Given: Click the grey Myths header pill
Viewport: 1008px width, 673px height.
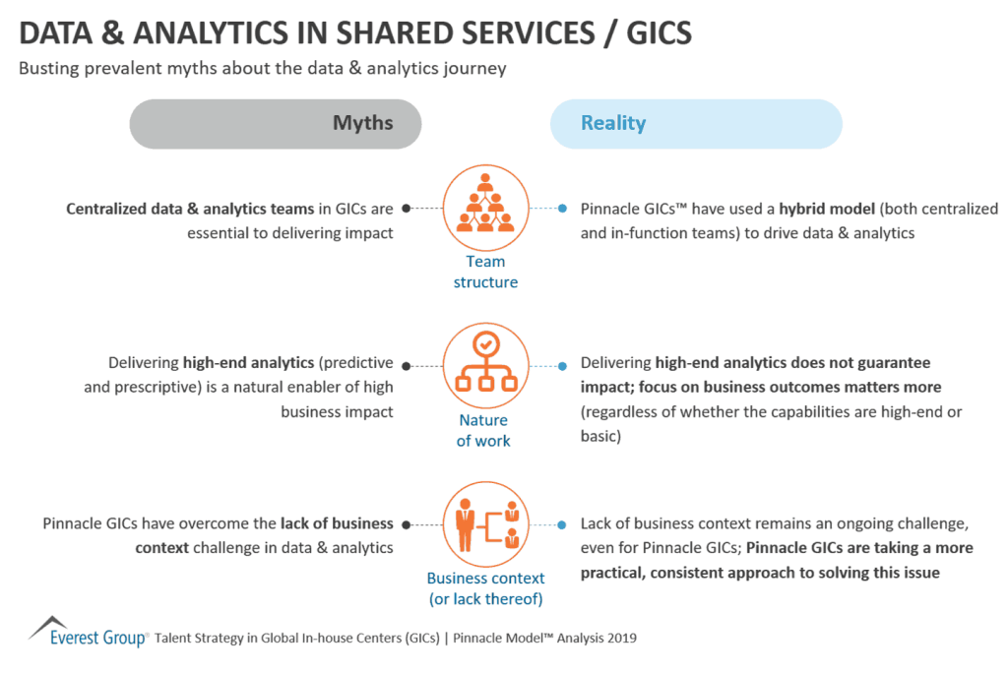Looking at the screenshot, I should click(276, 124).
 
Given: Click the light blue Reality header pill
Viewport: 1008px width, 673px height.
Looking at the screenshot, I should click(695, 124).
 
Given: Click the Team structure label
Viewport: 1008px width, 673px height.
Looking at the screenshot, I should click(485, 272).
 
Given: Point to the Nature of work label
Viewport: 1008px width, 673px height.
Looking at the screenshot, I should click(483, 430).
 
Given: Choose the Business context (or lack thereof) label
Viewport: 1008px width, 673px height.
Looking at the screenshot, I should click(485, 588).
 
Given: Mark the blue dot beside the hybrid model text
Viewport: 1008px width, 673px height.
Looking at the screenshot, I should click(562, 209).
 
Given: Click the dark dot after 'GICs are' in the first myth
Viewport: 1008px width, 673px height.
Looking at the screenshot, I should click(407, 209).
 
